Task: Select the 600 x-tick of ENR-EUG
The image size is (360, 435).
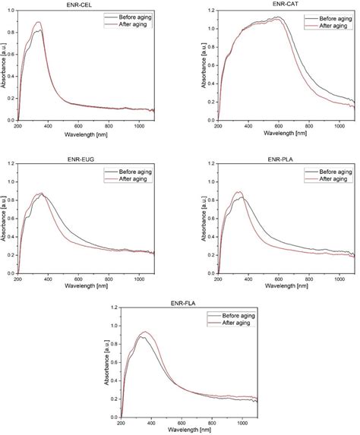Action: (82, 280)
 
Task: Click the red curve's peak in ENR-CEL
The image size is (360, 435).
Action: (38, 23)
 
